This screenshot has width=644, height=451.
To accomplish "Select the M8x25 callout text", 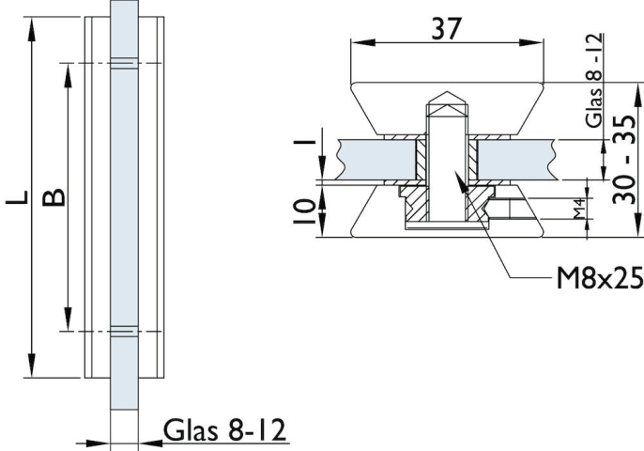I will (x=596, y=279).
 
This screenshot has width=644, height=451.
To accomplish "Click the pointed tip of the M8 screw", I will (x=448, y=97).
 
